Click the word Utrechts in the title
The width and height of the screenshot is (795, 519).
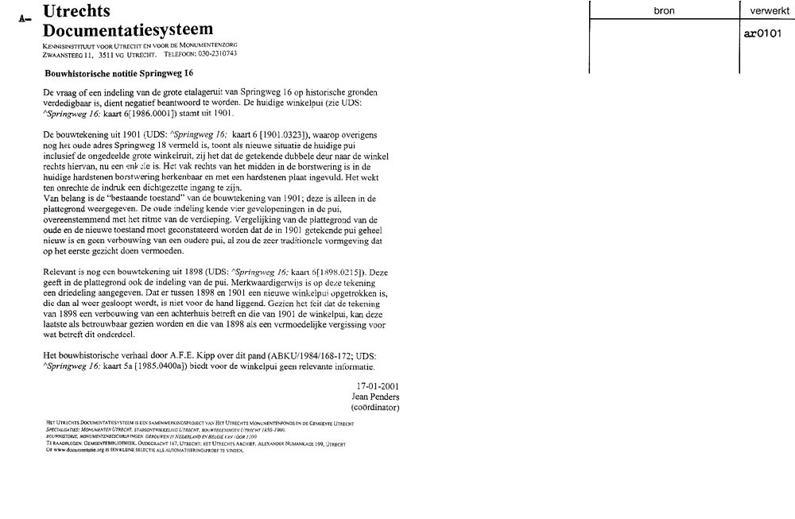pyautogui.click(x=76, y=12)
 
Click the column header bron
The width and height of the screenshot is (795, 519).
pyautogui.click(x=664, y=12)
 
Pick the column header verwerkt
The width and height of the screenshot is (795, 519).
pyautogui.click(x=765, y=12)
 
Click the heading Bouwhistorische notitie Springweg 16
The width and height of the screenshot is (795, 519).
pyautogui.click(x=119, y=72)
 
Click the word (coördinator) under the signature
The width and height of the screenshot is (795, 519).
pyautogui.click(x=374, y=407)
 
